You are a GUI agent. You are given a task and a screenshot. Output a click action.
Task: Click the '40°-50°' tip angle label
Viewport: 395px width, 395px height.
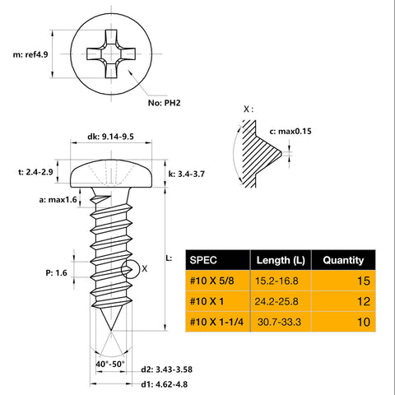[109, 362]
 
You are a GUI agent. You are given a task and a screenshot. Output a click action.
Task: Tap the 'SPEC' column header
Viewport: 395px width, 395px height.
[206, 260]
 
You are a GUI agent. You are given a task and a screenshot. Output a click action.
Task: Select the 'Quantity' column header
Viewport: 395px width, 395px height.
[343, 260]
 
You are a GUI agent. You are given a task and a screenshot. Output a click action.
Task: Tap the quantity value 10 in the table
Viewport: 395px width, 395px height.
[361, 322]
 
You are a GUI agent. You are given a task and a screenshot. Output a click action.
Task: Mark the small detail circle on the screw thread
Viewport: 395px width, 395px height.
[128, 268]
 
